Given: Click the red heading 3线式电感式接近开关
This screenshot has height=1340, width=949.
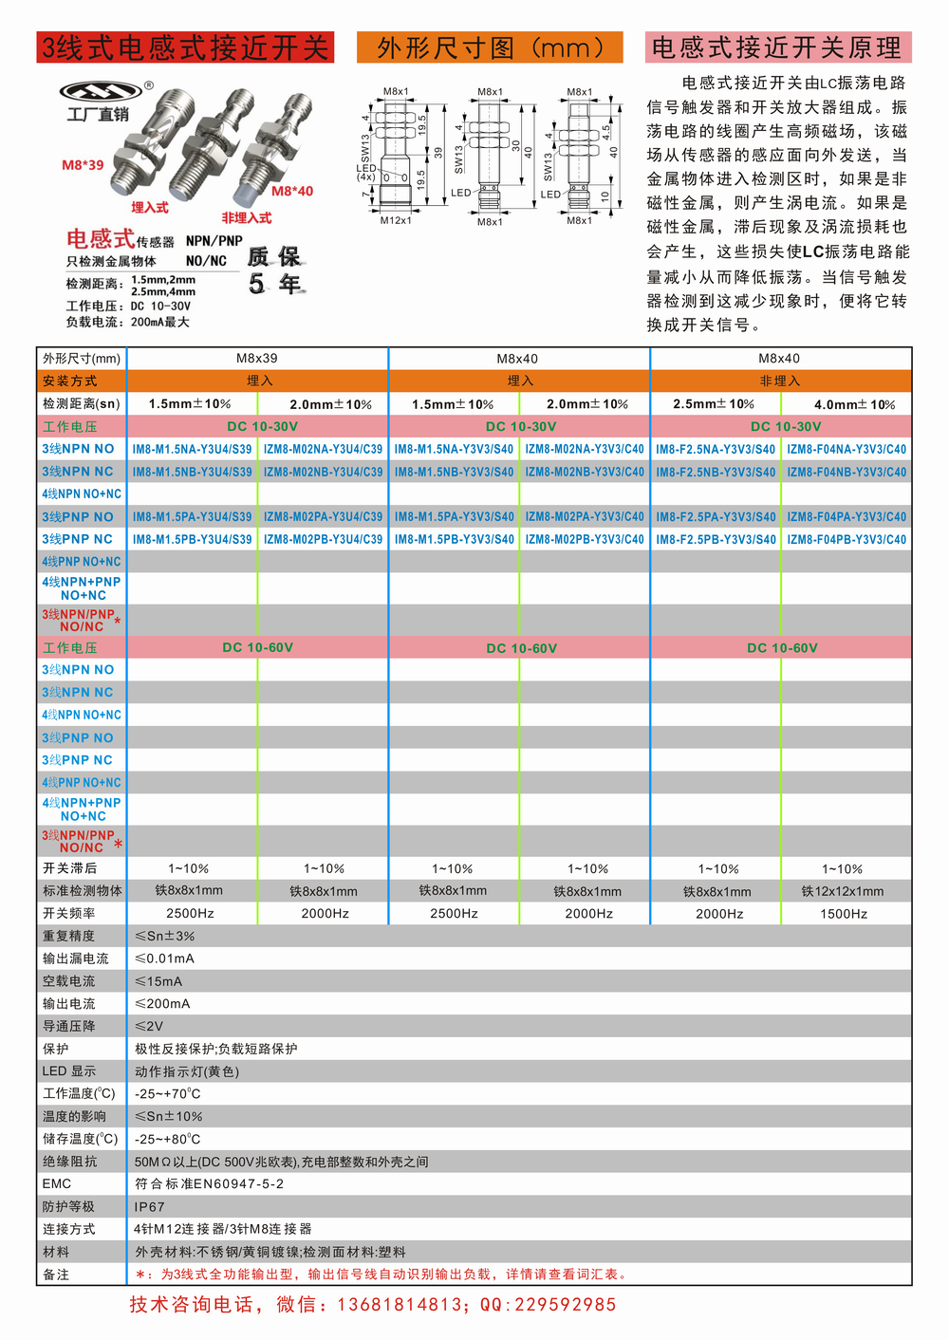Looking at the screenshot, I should coord(185,47).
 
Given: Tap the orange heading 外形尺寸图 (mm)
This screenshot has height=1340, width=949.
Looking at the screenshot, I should coord(490,47).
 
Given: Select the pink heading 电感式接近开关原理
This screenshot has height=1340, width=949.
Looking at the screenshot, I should coord(777,47).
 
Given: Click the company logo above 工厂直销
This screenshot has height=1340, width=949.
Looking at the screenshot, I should coord(101,91).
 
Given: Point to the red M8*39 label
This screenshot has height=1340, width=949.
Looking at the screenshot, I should coord(83,165).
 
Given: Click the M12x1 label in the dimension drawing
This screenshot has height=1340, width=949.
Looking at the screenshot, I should coord(396,220).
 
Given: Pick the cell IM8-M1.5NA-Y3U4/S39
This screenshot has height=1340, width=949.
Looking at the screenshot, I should coord(192,449).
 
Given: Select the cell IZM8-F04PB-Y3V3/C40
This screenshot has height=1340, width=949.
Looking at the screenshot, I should coord(847,539).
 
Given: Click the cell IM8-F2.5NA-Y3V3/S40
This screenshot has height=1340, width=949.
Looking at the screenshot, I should coord(716,449).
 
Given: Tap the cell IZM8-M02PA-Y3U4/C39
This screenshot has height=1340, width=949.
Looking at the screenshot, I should coord(323,516).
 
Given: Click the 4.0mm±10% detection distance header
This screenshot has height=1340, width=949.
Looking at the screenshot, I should coord(854,404).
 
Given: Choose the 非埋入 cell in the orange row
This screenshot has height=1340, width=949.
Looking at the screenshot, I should coord(780,381).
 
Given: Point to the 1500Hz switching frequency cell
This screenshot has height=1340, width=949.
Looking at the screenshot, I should coord(844,914).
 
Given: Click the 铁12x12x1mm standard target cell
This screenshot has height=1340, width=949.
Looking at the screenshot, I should coord(843,891).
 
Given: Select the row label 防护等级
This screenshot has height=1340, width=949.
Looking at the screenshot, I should coord(68,1206).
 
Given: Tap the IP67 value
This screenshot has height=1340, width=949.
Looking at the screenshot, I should coord(150,1207).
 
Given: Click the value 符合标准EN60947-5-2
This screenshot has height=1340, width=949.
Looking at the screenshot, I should coord(210,1183).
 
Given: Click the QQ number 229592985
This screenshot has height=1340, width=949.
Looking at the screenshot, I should coord(565,1305).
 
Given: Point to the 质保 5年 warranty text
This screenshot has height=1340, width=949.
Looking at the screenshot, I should coord(274,270).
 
